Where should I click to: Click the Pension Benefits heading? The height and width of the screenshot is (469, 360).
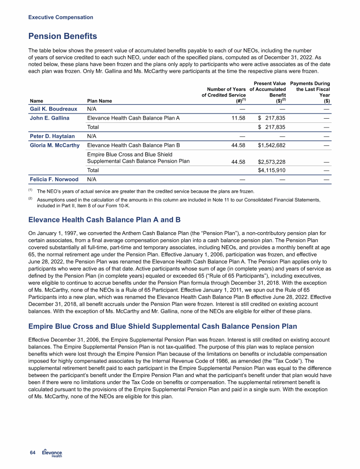(63, 36)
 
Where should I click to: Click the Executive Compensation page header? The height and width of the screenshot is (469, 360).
(60, 17)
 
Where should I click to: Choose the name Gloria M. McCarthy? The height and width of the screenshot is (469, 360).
(54, 145)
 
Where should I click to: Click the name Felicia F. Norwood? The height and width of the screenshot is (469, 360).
(53, 179)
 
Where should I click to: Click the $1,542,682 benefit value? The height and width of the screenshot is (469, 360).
(272, 145)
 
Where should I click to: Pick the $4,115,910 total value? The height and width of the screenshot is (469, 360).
(272, 170)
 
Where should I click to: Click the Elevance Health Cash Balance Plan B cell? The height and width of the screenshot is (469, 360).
(134, 145)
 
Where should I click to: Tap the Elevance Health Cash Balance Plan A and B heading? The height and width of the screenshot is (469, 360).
(98, 219)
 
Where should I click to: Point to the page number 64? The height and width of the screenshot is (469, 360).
(32, 452)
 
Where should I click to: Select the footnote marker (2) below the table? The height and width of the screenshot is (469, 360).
(31, 199)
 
